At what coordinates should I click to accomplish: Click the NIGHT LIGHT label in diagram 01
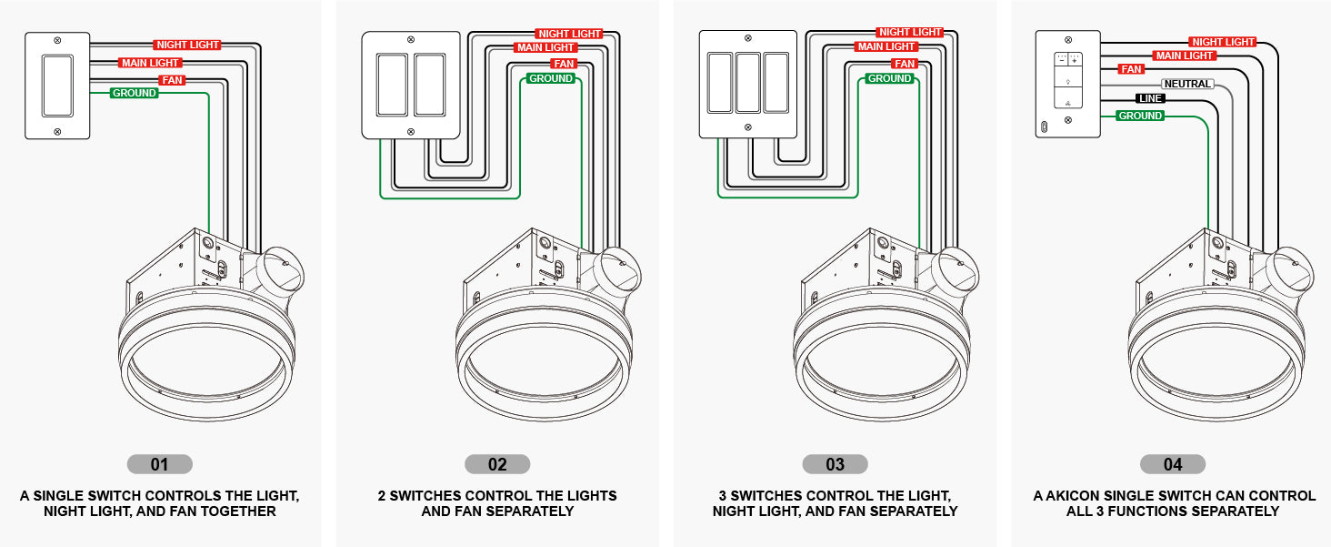[187, 45]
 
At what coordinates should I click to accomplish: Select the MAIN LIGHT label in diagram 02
[545, 47]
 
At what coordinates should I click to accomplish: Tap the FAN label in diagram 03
[904, 64]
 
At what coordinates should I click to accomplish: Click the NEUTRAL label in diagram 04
[1187, 84]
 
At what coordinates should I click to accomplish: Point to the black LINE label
[1150, 98]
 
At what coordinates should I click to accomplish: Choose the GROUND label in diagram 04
[1140, 116]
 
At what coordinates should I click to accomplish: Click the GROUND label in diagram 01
[134, 93]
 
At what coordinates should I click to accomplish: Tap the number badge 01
[159, 464]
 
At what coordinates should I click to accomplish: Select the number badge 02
[497, 464]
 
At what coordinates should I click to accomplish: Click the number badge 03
[835, 464]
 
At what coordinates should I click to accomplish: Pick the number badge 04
[1173, 464]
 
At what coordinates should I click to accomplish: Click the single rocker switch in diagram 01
[57, 86]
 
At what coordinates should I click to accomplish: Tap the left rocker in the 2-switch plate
[392, 85]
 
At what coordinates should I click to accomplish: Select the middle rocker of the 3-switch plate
[748, 82]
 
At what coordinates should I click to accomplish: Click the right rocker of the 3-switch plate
[776, 82]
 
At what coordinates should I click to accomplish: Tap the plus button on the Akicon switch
[1076, 60]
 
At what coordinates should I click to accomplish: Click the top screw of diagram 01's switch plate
[57, 41]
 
